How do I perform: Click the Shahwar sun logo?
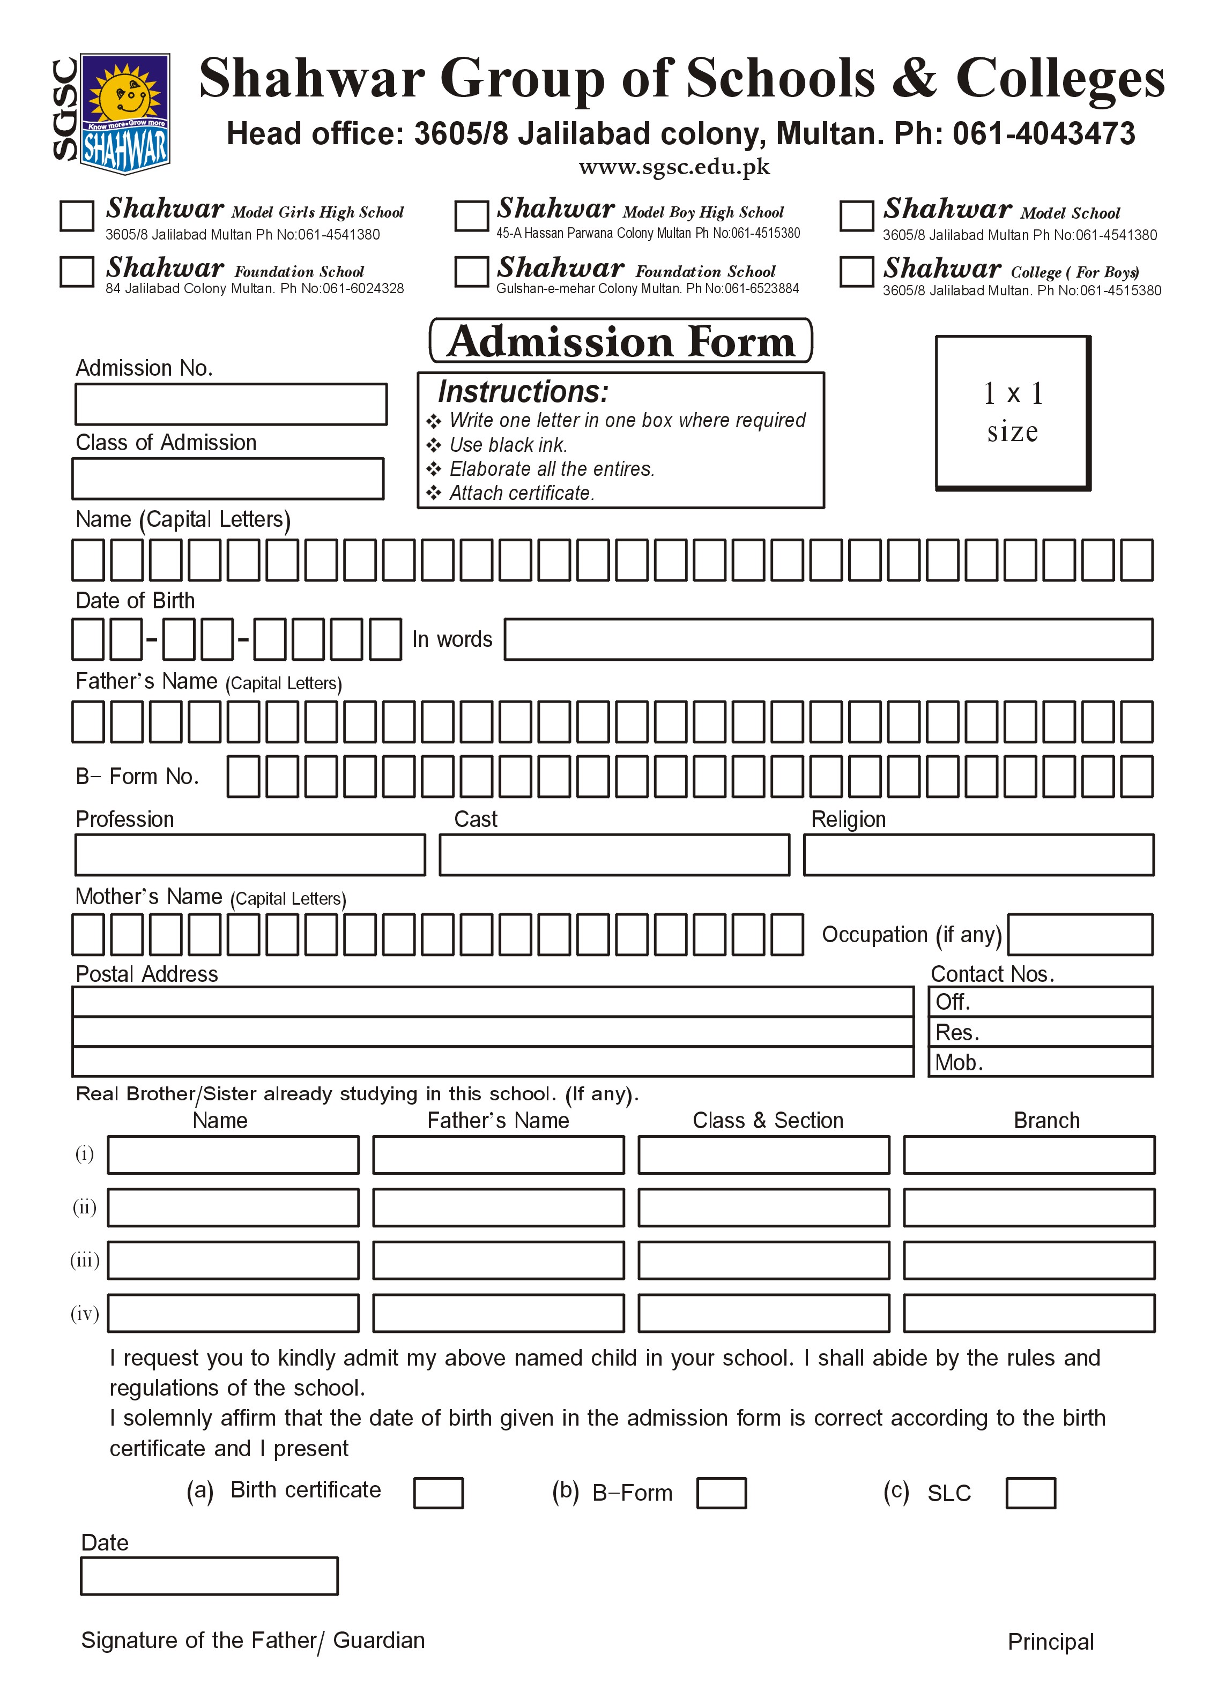coord(124,113)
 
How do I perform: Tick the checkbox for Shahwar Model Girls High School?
coord(77,215)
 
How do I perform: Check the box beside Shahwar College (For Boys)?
coord(856,272)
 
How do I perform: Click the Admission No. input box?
coord(231,404)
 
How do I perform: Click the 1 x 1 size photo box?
coord(1013,413)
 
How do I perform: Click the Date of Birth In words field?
coord(828,639)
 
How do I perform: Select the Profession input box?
coord(250,855)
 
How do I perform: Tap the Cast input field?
coord(614,855)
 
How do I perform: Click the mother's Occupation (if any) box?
coord(1080,935)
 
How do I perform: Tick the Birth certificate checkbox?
coord(438,1493)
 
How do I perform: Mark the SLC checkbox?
coord(1031,1493)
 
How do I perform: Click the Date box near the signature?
coord(209,1576)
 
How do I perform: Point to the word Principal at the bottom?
coord(1050,1642)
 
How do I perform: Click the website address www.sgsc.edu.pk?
coord(674,167)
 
